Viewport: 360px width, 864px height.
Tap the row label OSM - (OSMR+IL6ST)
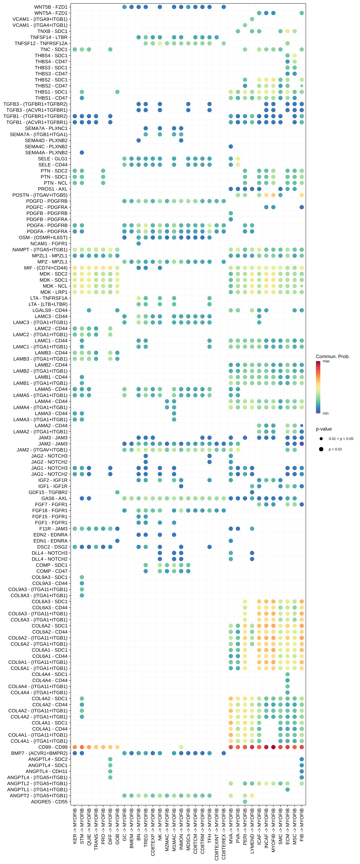point(43,237)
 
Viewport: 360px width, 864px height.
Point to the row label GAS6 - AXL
point(54,498)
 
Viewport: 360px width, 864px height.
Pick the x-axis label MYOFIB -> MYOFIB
point(273,830)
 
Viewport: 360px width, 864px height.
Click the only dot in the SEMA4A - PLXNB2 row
point(82,153)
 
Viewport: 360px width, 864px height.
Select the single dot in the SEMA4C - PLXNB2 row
point(231,147)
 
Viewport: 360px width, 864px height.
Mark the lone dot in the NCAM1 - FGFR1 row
point(139,243)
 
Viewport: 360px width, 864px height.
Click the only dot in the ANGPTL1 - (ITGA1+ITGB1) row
point(288,790)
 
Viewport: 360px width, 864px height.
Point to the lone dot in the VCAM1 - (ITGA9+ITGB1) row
point(252,19)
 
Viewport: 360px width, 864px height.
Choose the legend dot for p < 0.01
point(321,449)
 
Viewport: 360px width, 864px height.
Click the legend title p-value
point(324,429)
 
